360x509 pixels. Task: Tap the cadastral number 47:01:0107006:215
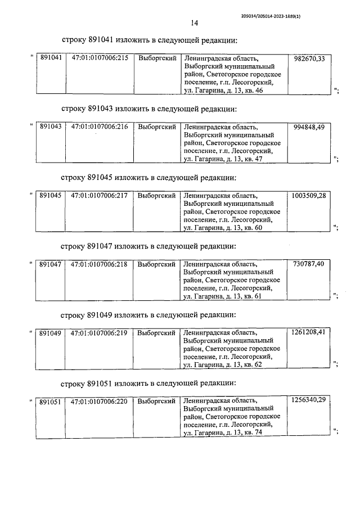pyautogui.click(x=100, y=58)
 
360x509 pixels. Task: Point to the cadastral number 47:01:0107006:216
pyautogui.click(x=100, y=127)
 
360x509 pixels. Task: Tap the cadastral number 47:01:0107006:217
pyautogui.click(x=100, y=196)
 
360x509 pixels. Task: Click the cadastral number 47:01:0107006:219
pyautogui.click(x=100, y=333)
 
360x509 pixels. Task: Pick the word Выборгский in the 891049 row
pyautogui.click(x=157, y=333)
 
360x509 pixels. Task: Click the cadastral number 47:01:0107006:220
pyautogui.click(x=100, y=402)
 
